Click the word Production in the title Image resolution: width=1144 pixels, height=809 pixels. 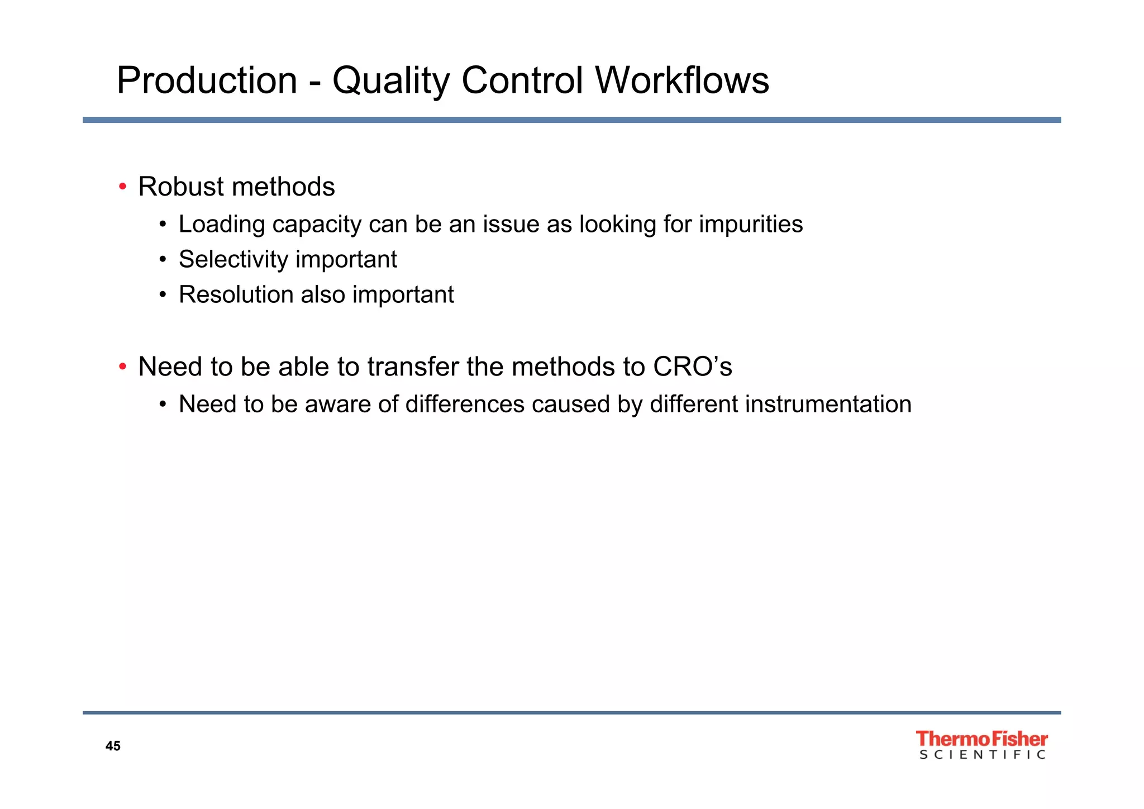point(207,81)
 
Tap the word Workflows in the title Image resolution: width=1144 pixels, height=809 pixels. point(682,81)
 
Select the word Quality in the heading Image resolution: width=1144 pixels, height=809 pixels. point(391,81)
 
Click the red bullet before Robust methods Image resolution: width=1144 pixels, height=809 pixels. point(122,187)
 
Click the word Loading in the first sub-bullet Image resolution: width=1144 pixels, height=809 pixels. point(222,225)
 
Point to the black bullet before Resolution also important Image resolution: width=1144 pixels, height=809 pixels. point(163,295)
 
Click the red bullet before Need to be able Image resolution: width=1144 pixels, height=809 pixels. point(122,367)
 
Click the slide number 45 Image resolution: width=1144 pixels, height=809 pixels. point(113,746)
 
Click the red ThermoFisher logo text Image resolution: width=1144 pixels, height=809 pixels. point(981,739)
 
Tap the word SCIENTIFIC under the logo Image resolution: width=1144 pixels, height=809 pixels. point(982,755)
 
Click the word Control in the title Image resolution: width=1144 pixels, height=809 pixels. point(522,81)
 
